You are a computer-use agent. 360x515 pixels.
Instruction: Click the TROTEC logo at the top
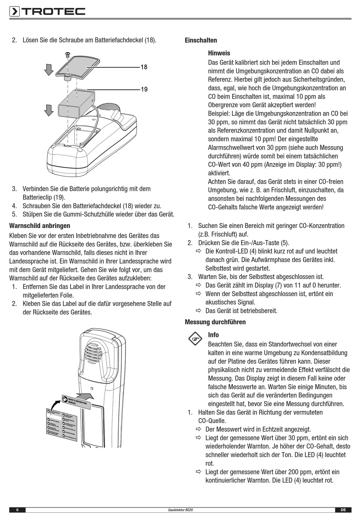click(47, 12)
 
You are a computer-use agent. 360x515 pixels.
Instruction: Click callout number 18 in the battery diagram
click(144, 67)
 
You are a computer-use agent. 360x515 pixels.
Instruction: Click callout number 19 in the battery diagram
click(144, 89)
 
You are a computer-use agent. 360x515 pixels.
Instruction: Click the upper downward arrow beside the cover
click(48, 69)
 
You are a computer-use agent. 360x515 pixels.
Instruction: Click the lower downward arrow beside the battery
click(48, 109)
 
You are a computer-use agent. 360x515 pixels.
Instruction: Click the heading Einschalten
click(201, 41)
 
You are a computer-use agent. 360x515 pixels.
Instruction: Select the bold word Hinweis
click(219, 53)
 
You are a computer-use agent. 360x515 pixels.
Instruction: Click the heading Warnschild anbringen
click(40, 226)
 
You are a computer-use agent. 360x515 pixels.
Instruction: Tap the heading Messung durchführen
click(215, 322)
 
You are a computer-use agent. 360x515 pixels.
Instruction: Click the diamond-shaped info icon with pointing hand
click(196, 339)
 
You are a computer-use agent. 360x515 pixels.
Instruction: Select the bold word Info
click(213, 335)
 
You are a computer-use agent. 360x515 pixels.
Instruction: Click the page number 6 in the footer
click(17, 510)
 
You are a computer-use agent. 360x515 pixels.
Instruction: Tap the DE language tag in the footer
click(343, 510)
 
